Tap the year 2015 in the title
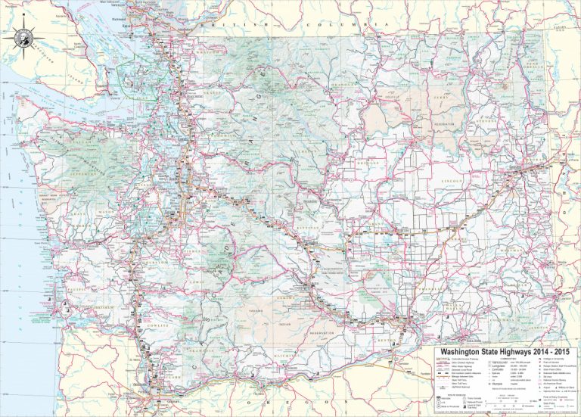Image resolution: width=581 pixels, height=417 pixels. pyautogui.click(x=561, y=353)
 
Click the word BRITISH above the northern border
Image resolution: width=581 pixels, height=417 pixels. pyautogui.click(x=228, y=24)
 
